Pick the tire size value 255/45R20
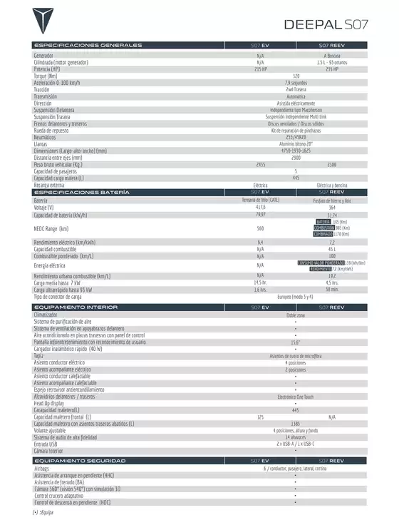click(296, 136)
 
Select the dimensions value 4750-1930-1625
click(296, 151)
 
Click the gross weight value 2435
click(261, 164)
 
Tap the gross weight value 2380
click(331, 164)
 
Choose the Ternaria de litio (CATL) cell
click(261, 200)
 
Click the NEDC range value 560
click(261, 228)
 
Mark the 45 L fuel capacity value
click(331, 249)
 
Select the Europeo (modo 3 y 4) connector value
click(296, 296)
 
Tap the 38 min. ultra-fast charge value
click(331, 289)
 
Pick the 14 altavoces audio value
click(296, 437)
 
